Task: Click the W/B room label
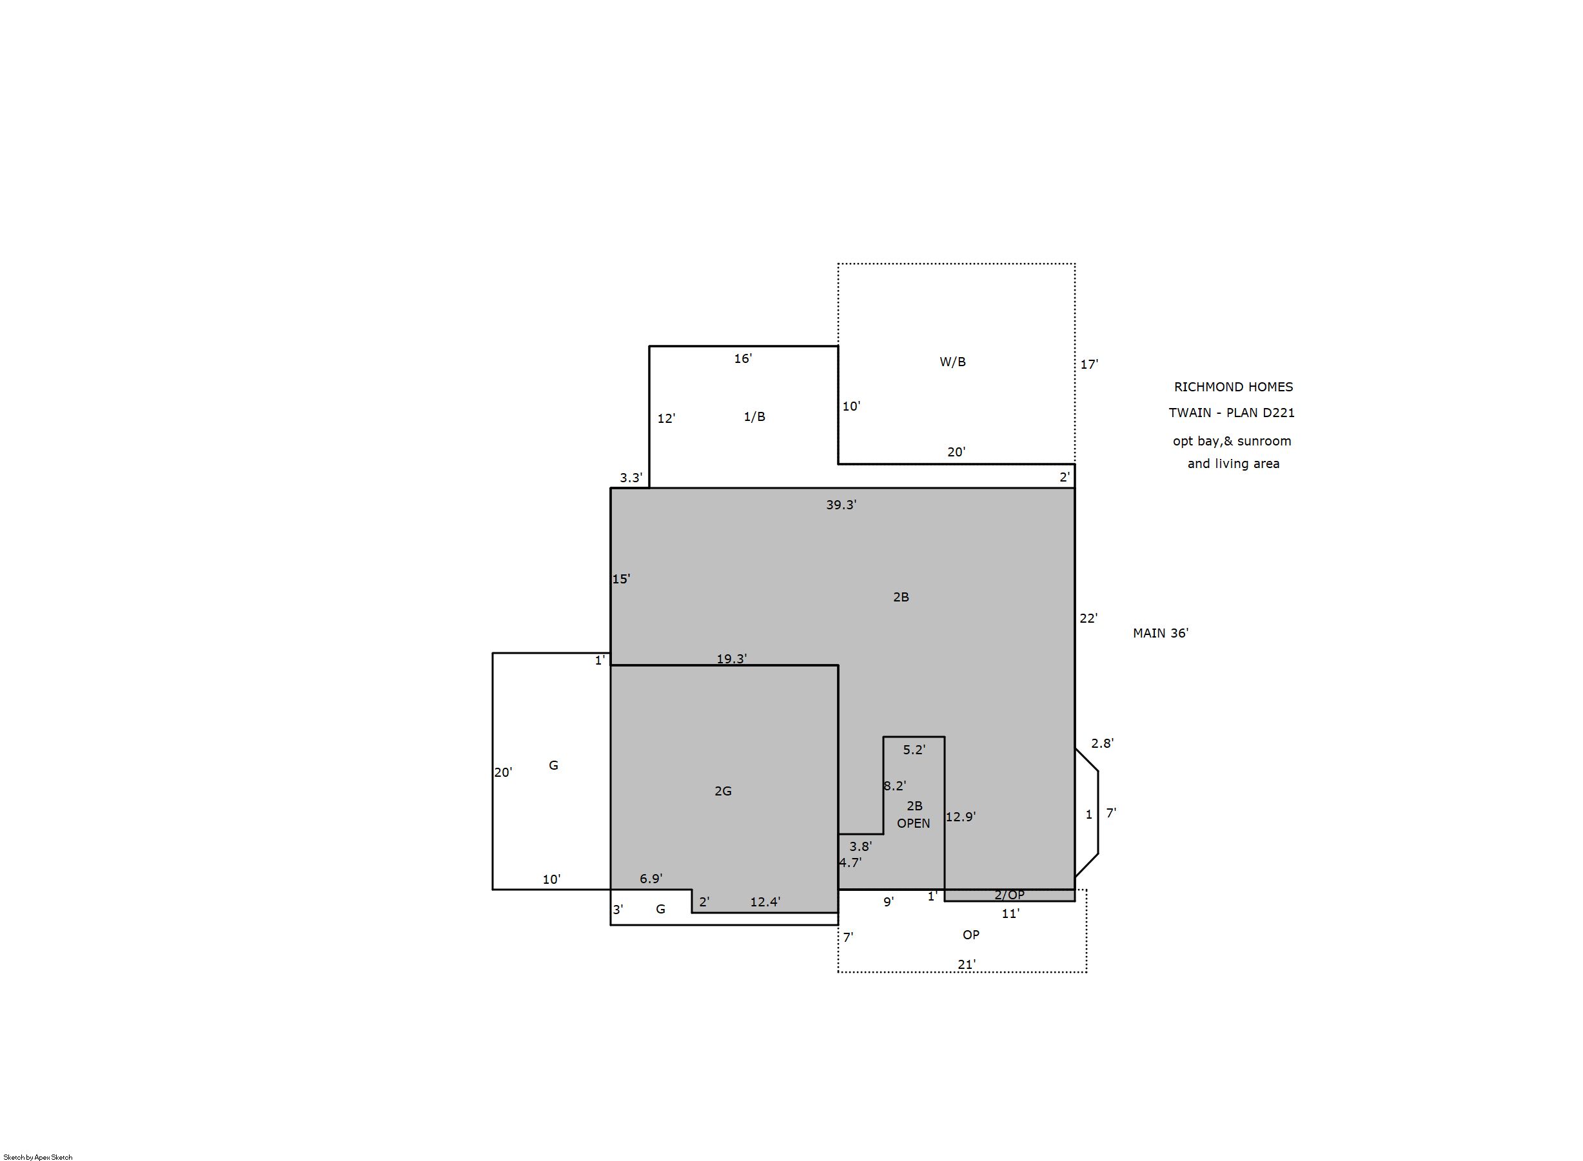[952, 362]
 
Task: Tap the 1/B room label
[754, 416]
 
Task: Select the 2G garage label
[723, 792]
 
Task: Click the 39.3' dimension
[841, 505]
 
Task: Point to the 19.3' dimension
[732, 659]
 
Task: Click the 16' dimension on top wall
[743, 358]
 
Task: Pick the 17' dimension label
[1090, 364]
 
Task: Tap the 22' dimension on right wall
[1089, 618]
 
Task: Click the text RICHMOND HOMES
[1234, 387]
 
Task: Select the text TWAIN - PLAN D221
[1232, 413]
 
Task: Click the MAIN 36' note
[1161, 633]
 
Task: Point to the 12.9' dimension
[961, 817]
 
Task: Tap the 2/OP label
[1009, 895]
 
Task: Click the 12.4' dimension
[765, 902]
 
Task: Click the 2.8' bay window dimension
[1102, 743]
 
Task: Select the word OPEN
[914, 823]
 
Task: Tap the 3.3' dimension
[631, 478]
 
